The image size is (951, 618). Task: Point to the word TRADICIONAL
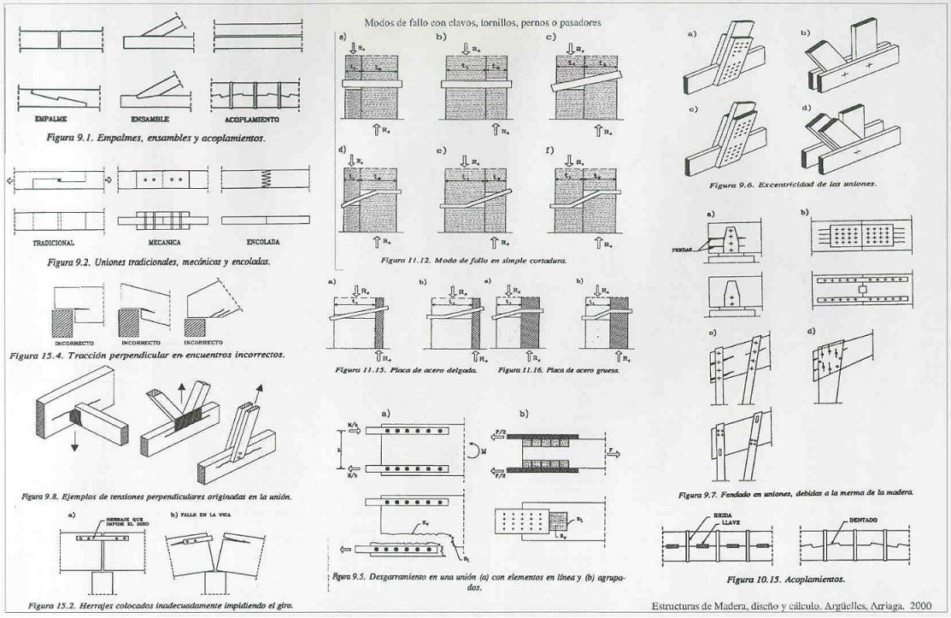tap(55, 243)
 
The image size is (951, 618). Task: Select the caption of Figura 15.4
tap(147, 354)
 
